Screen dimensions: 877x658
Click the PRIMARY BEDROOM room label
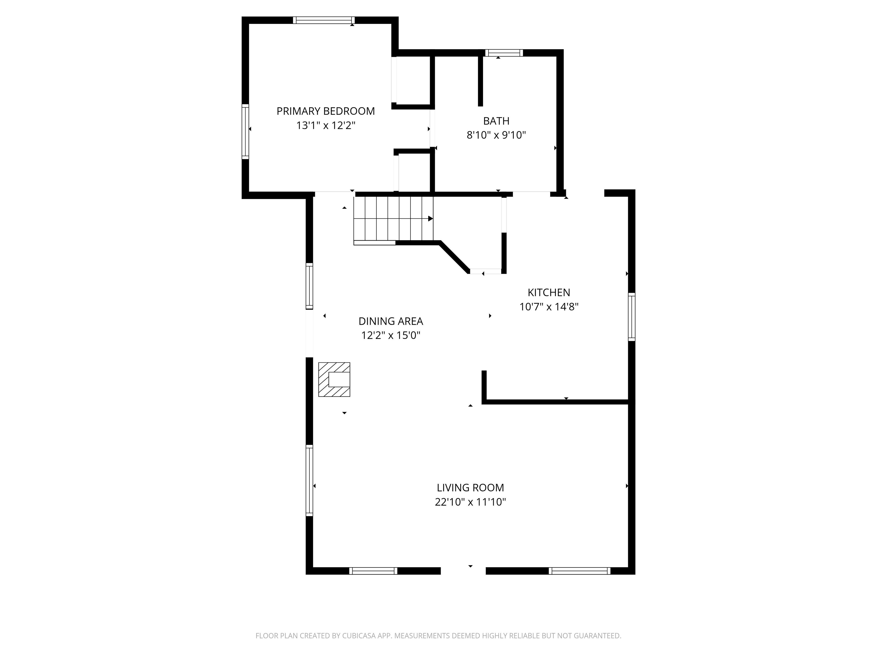325,111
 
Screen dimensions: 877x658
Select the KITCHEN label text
549,292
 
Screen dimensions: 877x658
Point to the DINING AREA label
391,321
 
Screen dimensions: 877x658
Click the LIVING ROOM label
470,488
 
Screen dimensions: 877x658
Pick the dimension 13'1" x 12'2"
325,125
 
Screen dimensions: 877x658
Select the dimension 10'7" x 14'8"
549,307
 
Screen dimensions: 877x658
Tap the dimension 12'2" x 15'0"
391,335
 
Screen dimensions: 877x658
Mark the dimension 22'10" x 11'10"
470,502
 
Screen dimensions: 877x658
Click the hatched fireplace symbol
334,379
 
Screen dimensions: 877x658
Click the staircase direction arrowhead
431,218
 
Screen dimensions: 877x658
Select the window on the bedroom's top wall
324,20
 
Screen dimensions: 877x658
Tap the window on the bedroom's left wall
246,132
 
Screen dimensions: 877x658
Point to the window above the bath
504,53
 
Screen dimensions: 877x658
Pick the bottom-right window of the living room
580,571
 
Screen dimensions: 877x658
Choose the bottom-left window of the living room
373,571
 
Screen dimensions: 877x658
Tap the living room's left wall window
309,480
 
